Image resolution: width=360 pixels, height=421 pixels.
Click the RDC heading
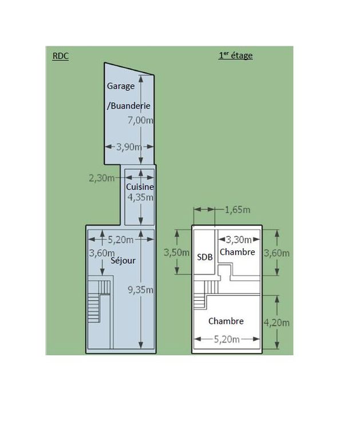point(61,56)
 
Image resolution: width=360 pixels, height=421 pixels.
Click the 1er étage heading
point(236,55)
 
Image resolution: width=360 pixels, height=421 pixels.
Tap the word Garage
point(121,86)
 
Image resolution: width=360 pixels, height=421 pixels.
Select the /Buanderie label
point(128,105)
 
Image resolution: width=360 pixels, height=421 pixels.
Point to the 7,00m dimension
point(140,120)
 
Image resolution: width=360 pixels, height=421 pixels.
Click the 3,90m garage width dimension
point(129,147)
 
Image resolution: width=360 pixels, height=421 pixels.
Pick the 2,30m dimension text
point(102,178)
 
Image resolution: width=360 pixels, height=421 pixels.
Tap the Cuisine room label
point(140,187)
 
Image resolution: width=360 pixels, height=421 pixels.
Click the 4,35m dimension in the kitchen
point(140,197)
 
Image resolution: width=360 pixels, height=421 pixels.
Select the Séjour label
point(123,260)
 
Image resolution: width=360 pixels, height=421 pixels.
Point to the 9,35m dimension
point(140,289)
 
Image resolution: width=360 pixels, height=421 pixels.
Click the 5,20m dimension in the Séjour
point(121,240)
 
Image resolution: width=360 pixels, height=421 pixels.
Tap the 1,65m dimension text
point(238,210)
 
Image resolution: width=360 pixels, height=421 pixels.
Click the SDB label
point(205,257)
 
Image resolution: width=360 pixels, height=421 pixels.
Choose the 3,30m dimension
point(239,240)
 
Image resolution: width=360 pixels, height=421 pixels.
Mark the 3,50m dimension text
point(177,253)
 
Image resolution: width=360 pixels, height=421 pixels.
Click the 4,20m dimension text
point(276,323)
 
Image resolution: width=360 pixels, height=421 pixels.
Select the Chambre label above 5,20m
point(226,321)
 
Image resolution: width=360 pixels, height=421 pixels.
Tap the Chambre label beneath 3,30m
point(237,252)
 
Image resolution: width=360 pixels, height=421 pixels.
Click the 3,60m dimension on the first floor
point(276,253)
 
